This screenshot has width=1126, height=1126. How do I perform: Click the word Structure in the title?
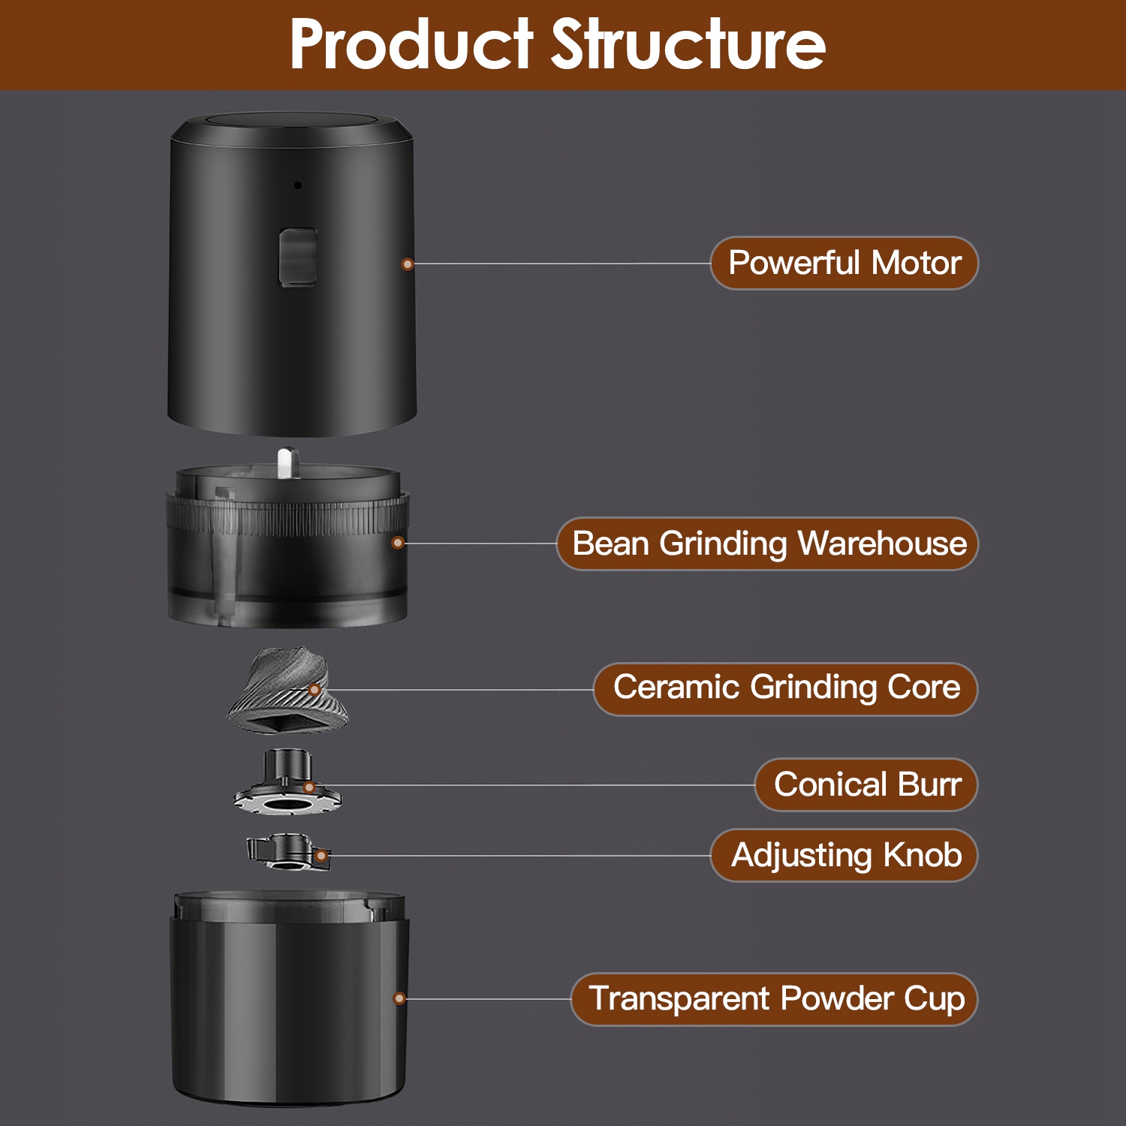click(x=688, y=45)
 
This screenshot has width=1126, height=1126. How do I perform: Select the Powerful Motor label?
click(x=844, y=263)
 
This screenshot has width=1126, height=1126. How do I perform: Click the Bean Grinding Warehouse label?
click(x=768, y=544)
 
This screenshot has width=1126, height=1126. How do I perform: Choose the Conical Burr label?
click(x=866, y=785)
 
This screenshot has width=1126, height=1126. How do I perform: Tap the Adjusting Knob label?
click(x=844, y=855)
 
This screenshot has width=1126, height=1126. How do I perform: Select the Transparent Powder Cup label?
click(x=775, y=999)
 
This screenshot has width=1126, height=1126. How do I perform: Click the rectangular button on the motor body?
click(x=298, y=257)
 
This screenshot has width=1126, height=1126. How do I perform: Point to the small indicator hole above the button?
click(x=298, y=185)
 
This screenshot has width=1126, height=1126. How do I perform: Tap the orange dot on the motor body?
click(x=408, y=264)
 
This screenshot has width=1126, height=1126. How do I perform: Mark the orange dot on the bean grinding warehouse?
click(x=399, y=543)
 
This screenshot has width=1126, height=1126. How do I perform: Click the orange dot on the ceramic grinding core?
click(x=315, y=690)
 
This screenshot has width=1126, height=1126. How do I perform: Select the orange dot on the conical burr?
click(x=309, y=787)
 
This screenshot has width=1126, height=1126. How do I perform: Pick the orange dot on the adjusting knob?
click(x=321, y=856)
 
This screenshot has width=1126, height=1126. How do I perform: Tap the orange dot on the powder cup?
click(x=400, y=998)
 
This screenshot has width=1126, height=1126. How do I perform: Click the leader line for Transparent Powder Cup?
click(x=488, y=999)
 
